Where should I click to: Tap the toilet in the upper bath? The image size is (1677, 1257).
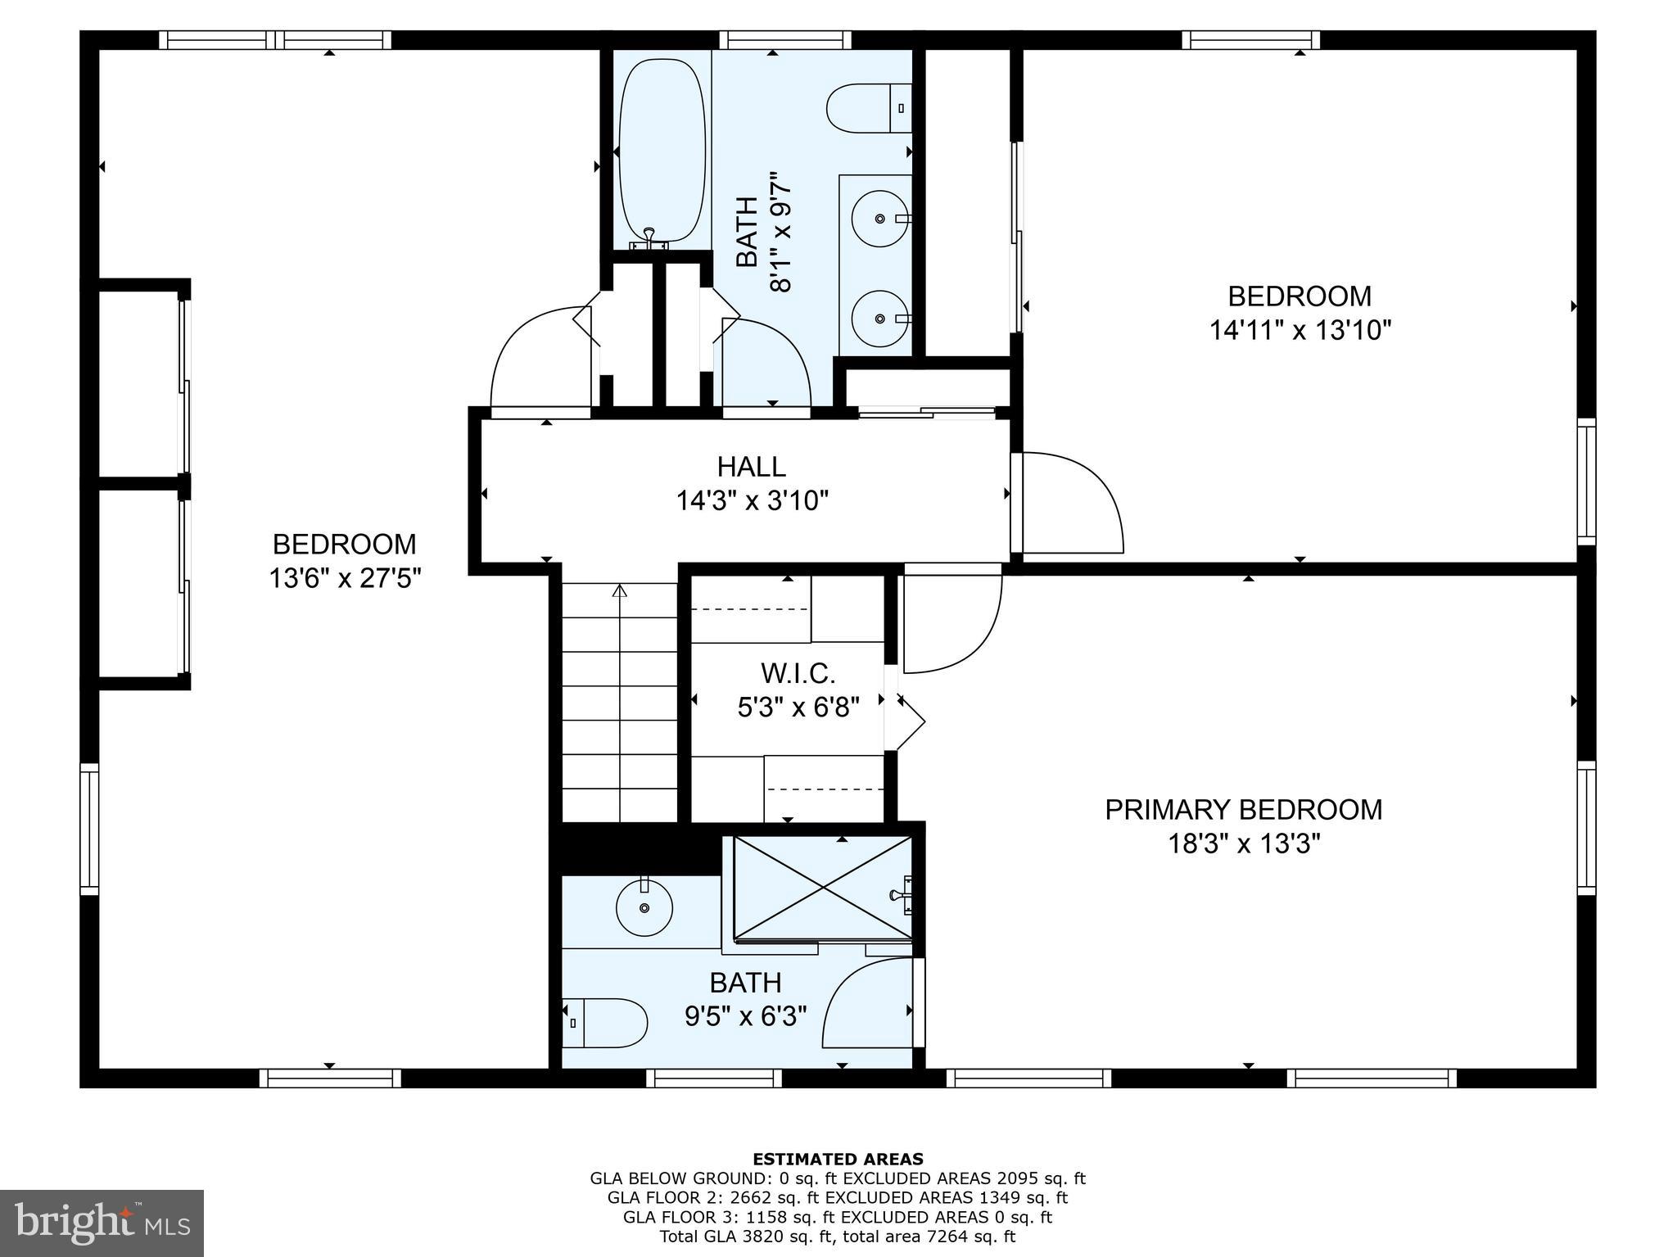click(x=869, y=108)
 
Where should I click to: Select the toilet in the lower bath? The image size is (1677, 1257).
click(x=606, y=1023)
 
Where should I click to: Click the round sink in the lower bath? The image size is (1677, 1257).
click(x=644, y=907)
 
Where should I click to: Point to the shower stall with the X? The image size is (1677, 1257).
click(x=822, y=888)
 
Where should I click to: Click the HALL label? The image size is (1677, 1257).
click(x=752, y=467)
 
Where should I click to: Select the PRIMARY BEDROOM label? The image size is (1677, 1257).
click(x=1244, y=809)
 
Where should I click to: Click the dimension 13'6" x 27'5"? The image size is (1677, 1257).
click(x=345, y=579)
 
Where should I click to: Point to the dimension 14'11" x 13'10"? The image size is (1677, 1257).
click(x=1300, y=330)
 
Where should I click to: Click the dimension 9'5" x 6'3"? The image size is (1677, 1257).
click(x=745, y=1016)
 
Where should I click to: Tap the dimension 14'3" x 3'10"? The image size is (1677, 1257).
click(x=752, y=500)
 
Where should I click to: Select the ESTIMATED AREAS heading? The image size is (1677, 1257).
click(x=838, y=1159)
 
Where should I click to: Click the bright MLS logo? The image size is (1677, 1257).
click(x=102, y=1223)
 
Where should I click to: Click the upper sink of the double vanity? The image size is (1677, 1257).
click(x=879, y=219)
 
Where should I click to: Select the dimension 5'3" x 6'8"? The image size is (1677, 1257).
click(x=798, y=707)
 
